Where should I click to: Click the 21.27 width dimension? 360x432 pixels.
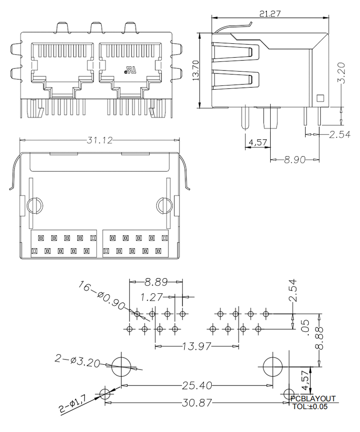(270, 13)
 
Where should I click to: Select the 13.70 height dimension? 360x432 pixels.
(195, 71)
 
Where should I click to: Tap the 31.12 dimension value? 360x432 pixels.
(100, 140)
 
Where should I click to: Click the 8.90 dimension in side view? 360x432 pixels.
(294, 159)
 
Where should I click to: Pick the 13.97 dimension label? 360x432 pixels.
(197, 346)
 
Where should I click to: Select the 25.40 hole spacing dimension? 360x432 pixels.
(197, 385)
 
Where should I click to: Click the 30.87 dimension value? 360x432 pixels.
(197, 403)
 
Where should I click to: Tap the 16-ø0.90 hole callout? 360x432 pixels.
(101, 295)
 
